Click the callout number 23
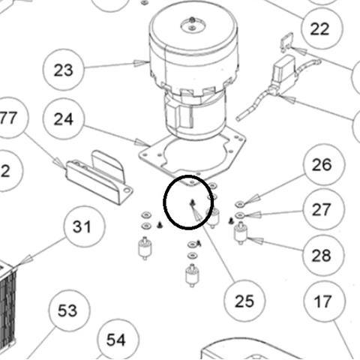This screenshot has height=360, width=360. (64, 70)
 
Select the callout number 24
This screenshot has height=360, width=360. (64, 119)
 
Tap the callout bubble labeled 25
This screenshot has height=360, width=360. (244, 301)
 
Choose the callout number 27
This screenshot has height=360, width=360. (322, 209)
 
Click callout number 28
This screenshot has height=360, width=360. (322, 256)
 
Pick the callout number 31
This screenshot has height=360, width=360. (82, 226)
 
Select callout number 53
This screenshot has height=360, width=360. (67, 310)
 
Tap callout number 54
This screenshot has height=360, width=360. (115, 340)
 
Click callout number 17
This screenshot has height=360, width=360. (322, 301)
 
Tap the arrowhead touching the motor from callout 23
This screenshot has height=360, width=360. (141, 63)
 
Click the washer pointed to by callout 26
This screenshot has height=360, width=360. (240, 205)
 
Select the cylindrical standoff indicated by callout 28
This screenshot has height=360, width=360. (241, 233)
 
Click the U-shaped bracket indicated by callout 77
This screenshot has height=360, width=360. (100, 178)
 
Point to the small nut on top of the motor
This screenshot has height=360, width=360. (192, 19)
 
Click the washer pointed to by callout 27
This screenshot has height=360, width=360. (240, 214)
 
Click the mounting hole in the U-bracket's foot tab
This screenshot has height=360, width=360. (127, 190)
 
